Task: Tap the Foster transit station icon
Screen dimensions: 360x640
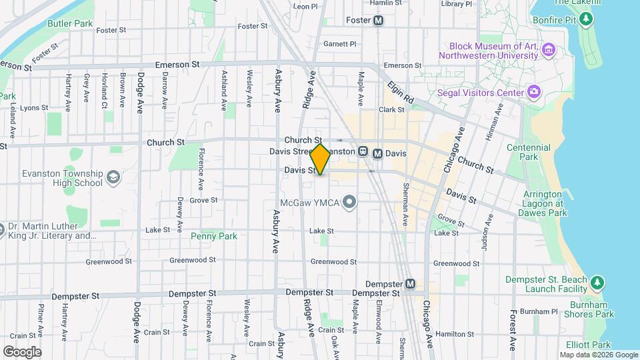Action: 379,21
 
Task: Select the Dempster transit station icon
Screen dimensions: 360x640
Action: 411,284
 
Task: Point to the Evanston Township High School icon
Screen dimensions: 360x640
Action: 113,177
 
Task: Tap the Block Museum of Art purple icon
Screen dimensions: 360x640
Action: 549,49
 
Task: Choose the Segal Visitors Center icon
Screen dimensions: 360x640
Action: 533,92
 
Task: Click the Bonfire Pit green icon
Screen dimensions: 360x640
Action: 586,19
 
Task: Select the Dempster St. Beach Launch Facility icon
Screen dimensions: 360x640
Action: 597,283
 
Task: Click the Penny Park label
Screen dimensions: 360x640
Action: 213,236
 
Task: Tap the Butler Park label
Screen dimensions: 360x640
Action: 74,23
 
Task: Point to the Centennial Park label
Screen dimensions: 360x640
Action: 528,152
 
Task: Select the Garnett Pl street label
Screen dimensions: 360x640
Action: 340,44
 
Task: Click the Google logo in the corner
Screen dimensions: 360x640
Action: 22,351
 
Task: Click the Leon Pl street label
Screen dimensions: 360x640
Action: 305,7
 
